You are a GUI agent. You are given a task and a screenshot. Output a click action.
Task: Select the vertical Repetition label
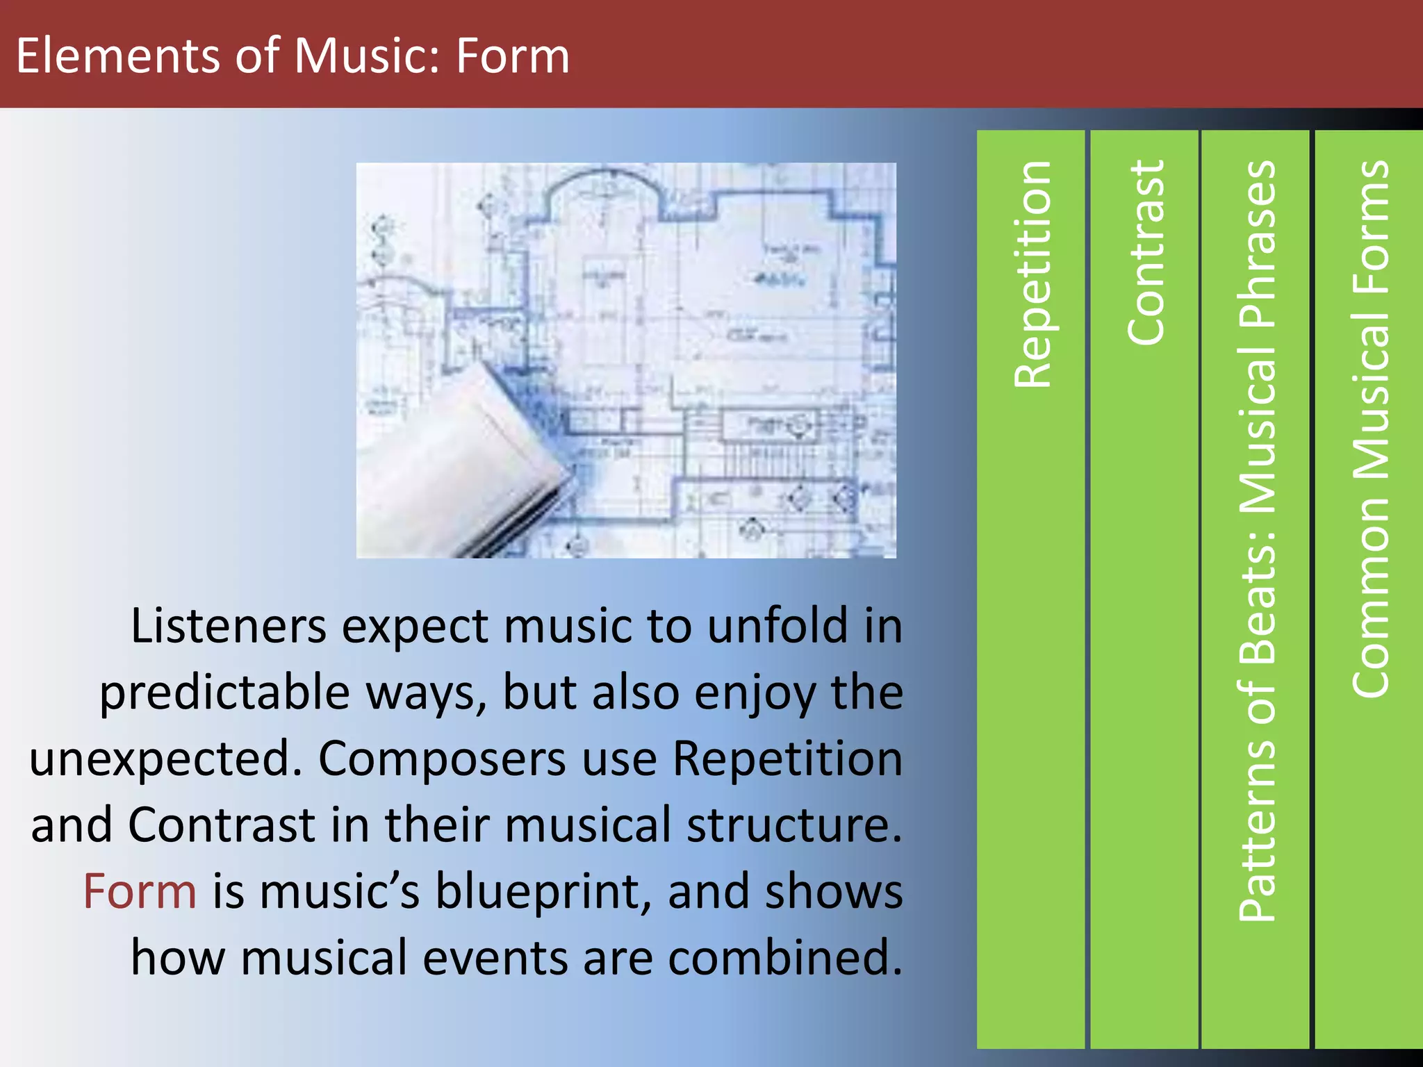click(1032, 274)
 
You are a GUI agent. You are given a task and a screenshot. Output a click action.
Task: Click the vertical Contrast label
click(1144, 253)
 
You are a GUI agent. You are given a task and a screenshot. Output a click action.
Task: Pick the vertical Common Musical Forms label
click(1369, 429)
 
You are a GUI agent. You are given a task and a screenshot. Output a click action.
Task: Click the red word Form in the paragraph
click(140, 892)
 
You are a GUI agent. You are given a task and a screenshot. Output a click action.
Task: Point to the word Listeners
click(228, 627)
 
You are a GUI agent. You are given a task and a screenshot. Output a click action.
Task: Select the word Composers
click(442, 759)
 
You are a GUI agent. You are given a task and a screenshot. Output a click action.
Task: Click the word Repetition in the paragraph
click(788, 758)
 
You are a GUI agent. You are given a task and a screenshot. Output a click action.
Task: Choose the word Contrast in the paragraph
click(222, 825)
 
